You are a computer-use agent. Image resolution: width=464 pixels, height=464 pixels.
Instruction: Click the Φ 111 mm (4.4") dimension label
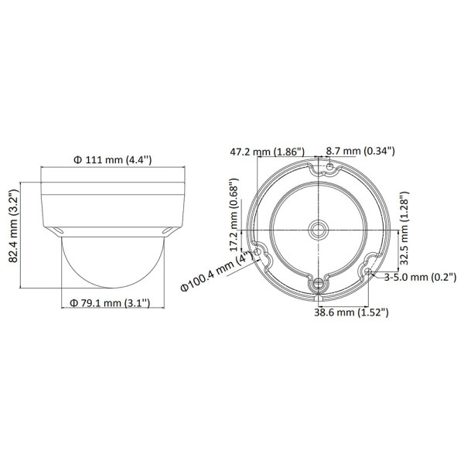coord(112,160)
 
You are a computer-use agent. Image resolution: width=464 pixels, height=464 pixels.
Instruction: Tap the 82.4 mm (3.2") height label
coord(14,226)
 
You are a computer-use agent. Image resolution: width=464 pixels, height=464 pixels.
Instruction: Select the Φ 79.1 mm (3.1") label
coord(110,303)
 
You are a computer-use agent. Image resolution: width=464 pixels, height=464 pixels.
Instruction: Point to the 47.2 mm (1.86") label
coord(268,152)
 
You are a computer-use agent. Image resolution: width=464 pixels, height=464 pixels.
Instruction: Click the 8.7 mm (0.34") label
coord(360,151)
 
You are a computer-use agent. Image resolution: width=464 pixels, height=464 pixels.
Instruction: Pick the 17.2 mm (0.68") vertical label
coord(234,215)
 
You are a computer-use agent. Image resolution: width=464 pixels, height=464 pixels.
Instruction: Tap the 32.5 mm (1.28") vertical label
coord(404,228)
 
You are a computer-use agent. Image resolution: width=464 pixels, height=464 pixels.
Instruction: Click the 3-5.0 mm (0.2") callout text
coord(420,278)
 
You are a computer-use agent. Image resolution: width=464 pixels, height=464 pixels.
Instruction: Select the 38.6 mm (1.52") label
coord(351,312)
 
